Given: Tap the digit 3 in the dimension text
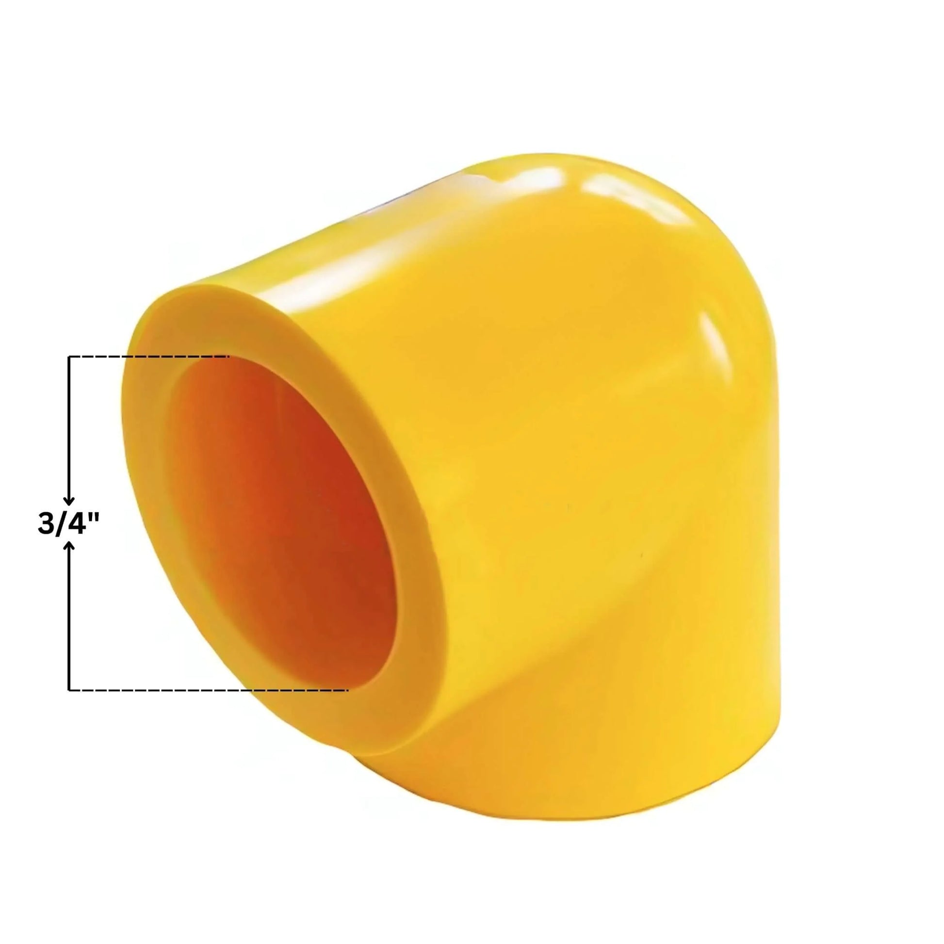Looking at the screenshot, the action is point(46,523).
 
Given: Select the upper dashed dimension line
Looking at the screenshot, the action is point(149,357).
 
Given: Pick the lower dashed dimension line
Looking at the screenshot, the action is point(209,690).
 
